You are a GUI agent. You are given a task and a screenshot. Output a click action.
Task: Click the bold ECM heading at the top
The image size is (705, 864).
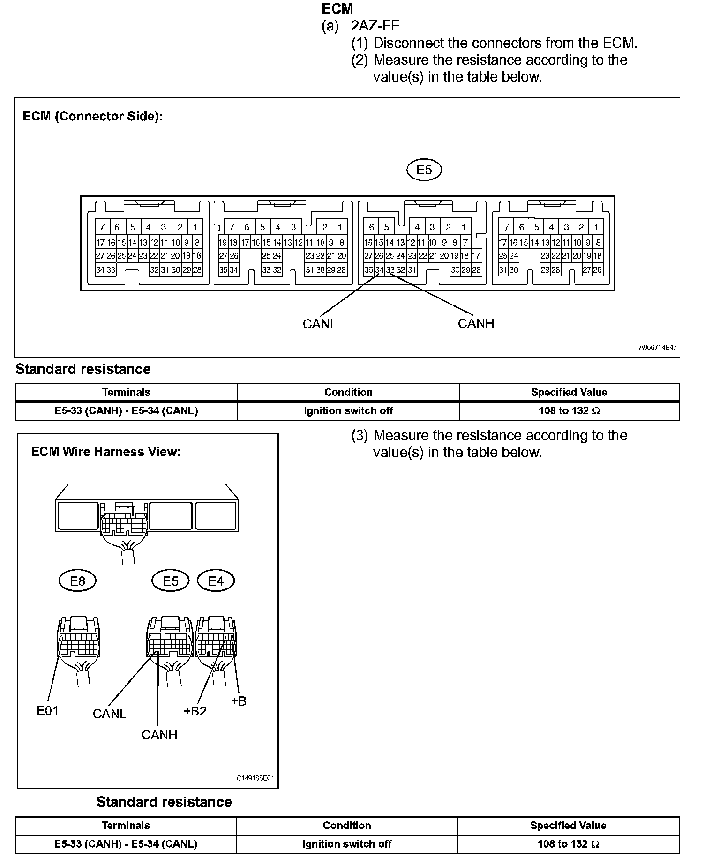click(x=337, y=9)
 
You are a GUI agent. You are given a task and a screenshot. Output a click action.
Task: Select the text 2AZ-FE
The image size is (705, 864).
click(x=375, y=26)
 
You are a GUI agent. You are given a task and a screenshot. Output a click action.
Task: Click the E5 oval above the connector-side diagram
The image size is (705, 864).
click(x=424, y=170)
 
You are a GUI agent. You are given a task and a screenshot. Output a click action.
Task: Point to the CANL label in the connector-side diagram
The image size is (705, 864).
click(x=319, y=324)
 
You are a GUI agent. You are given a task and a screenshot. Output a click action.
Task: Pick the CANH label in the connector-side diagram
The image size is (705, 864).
click(x=476, y=323)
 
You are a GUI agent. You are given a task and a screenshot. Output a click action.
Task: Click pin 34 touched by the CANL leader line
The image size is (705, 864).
click(x=379, y=270)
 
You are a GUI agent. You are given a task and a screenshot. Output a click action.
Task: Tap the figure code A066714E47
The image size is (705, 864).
click(x=658, y=347)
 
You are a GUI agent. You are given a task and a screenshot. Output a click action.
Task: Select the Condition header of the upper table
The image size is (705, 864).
click(x=348, y=392)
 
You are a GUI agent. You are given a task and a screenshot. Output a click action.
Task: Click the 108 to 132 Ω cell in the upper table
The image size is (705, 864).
click(x=569, y=411)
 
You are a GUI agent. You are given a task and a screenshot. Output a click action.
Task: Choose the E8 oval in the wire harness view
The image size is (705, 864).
click(x=77, y=581)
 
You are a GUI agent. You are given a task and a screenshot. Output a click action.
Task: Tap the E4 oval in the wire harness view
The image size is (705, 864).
click(x=216, y=581)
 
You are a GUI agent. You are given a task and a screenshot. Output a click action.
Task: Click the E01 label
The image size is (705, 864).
click(x=47, y=711)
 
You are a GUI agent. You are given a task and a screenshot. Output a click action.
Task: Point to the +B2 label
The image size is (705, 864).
click(x=195, y=711)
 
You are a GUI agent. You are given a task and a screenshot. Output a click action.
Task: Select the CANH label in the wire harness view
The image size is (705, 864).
click(x=159, y=735)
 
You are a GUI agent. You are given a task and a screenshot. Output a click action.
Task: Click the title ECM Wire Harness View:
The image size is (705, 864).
click(x=106, y=452)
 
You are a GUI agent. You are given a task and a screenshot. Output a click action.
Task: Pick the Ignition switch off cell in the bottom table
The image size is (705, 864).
click(x=347, y=844)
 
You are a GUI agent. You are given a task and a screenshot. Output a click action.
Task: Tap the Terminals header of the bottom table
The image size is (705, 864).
click(x=126, y=825)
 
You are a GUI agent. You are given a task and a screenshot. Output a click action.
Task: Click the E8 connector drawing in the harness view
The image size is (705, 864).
click(x=79, y=640)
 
